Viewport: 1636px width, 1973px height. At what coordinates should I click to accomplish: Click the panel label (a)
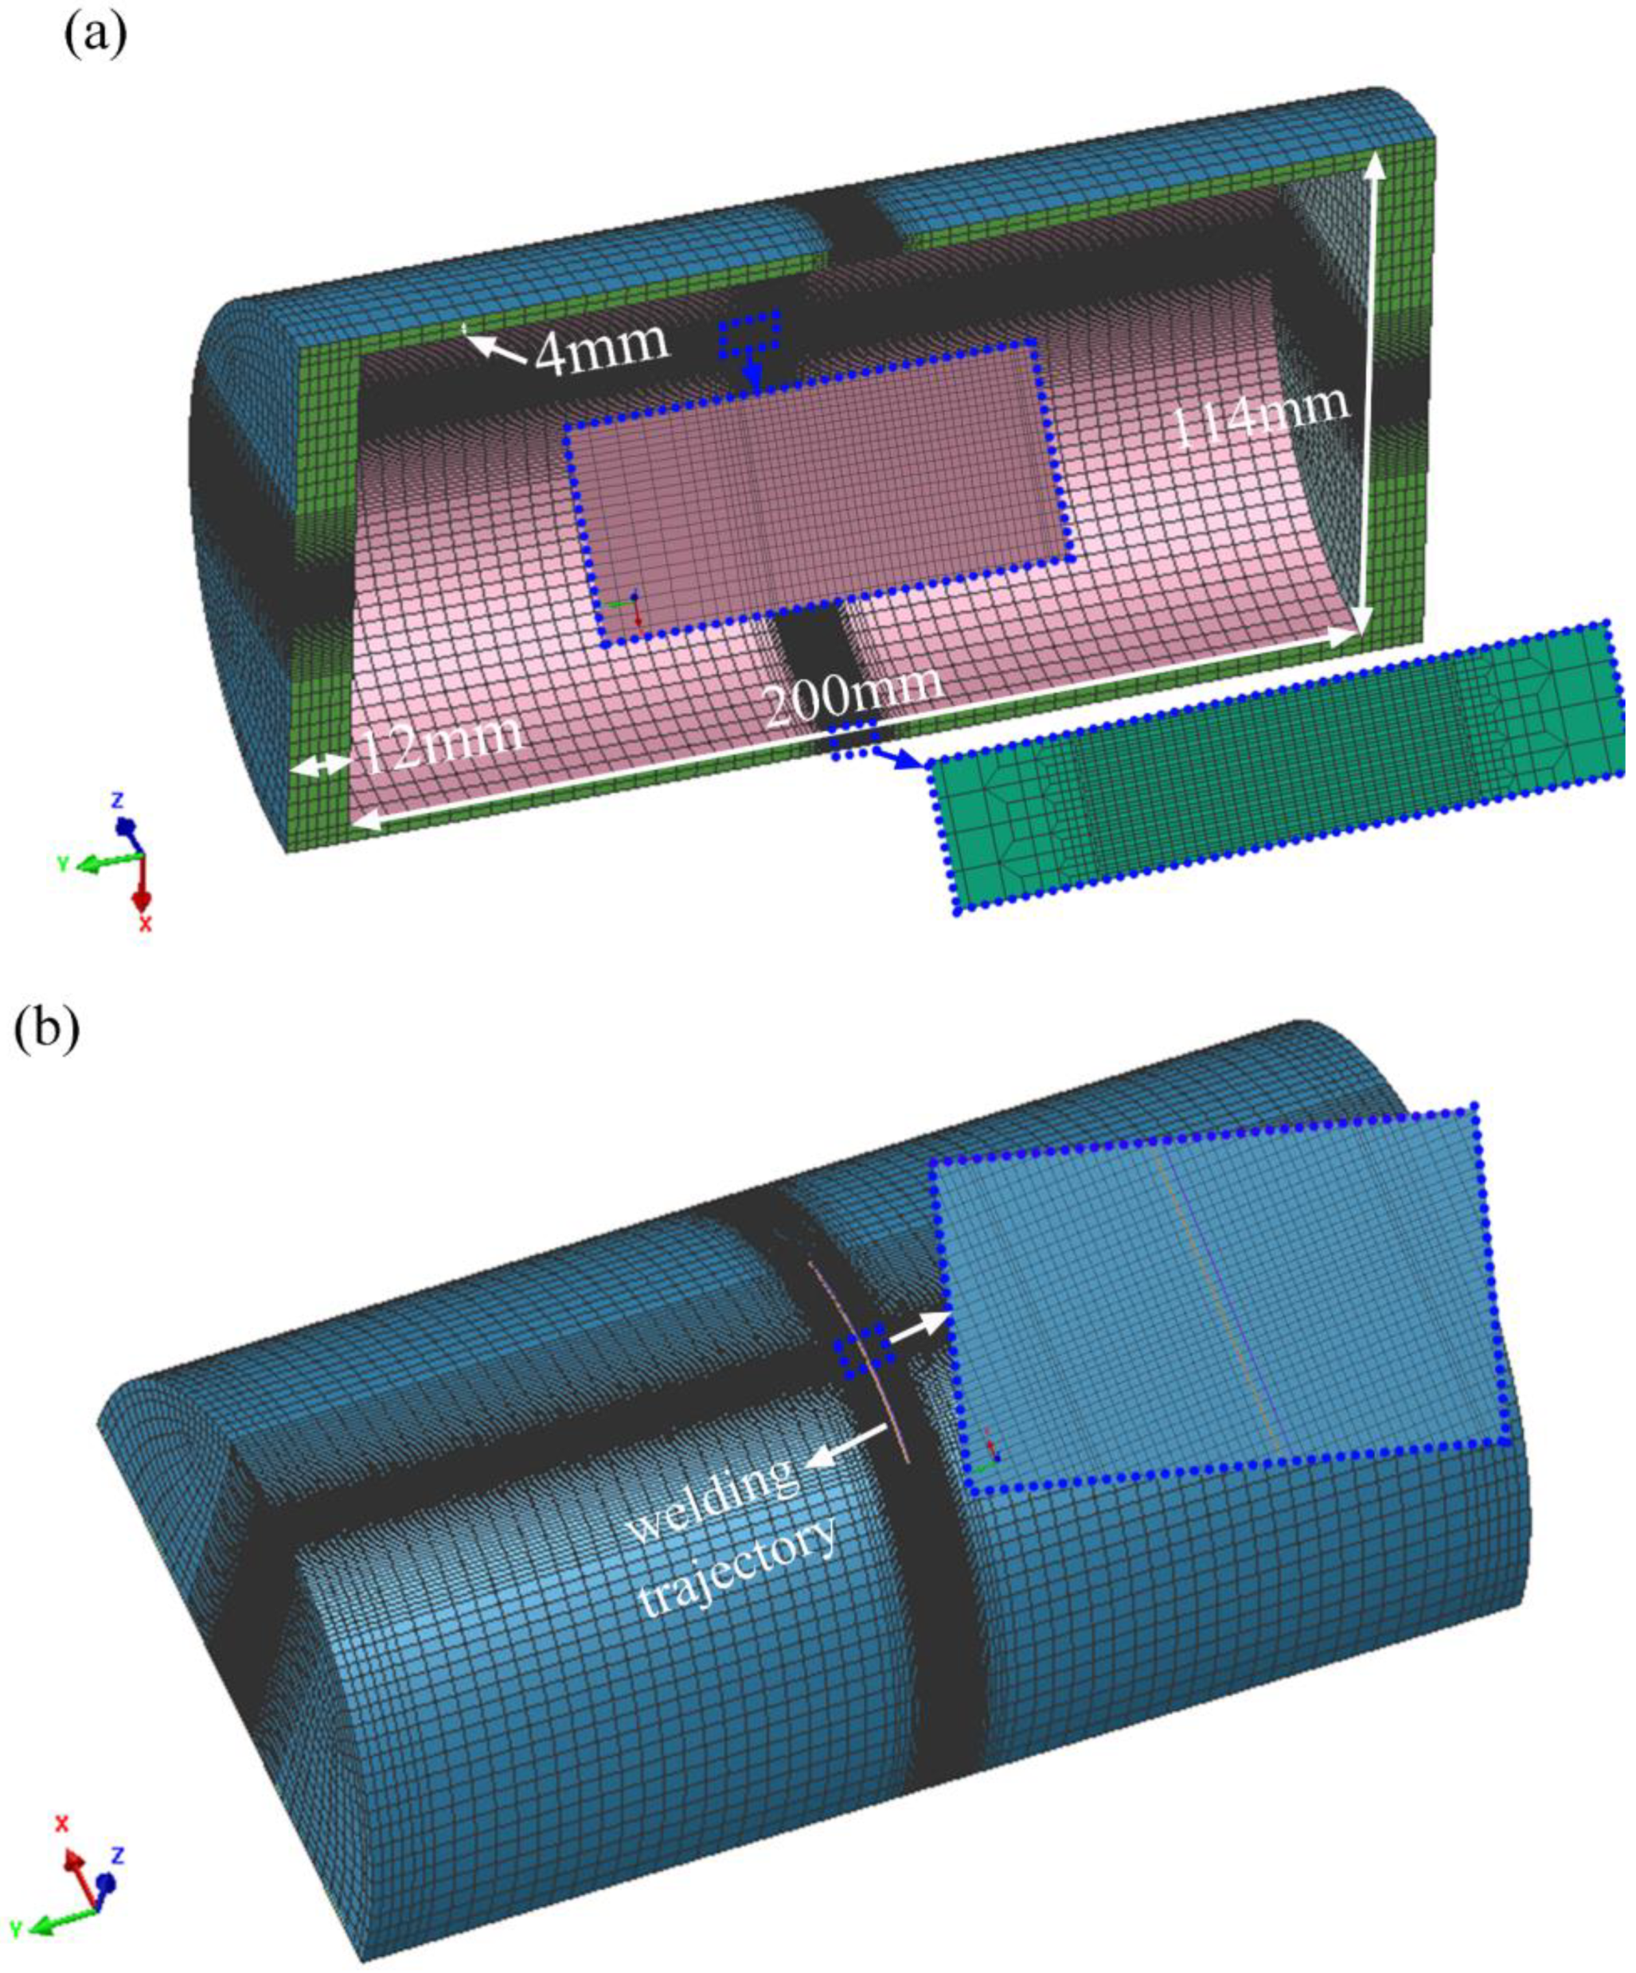point(95,35)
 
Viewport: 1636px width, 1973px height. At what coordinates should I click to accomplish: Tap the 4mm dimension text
point(601,347)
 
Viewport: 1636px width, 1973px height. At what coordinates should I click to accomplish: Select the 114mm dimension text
point(1262,418)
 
